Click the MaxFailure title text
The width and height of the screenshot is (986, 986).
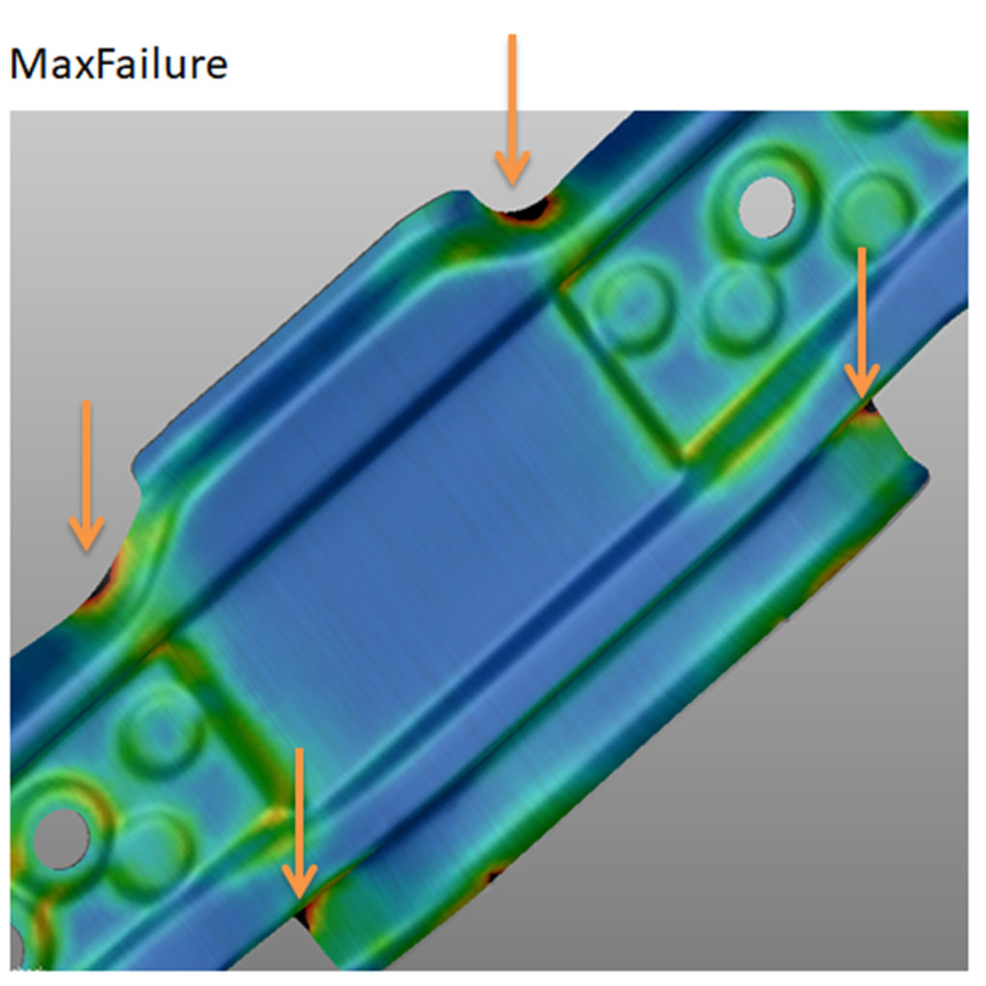tap(117, 65)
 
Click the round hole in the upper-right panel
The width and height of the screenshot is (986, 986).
tap(766, 203)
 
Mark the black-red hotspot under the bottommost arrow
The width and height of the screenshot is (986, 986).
tap(306, 910)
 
